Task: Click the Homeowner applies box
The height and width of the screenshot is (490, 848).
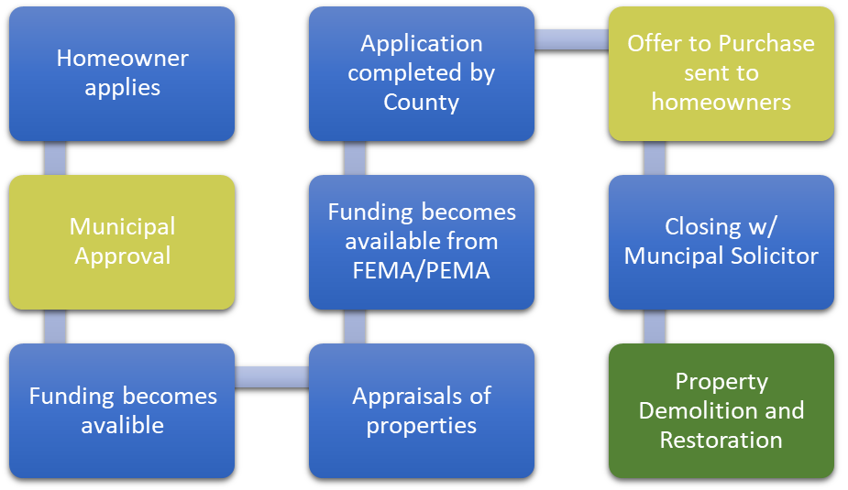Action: [x=122, y=73]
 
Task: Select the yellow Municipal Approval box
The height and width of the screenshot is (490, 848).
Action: [x=122, y=242]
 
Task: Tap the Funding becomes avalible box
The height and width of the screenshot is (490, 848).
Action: [x=122, y=410]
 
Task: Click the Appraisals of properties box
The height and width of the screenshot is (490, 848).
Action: [x=422, y=410]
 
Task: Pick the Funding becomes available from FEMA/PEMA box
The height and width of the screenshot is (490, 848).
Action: [x=422, y=242]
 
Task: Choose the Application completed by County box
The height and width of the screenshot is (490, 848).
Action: [x=422, y=73]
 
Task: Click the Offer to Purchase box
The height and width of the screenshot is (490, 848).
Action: [x=721, y=73]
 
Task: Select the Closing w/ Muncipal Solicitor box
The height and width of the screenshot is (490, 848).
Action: [x=721, y=242]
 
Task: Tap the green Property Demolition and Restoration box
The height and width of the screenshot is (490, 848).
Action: [x=721, y=410]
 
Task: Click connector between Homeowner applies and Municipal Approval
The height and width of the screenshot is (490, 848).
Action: [x=55, y=158]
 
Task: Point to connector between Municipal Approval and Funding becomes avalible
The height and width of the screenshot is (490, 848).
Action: [x=55, y=326]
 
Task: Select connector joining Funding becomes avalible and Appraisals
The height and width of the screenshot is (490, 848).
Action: [x=271, y=376]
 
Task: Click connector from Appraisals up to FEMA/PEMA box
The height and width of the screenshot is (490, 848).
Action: [x=355, y=326]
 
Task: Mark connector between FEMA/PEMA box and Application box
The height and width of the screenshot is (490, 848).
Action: [x=355, y=158]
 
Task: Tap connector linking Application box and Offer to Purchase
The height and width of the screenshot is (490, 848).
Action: [x=571, y=39]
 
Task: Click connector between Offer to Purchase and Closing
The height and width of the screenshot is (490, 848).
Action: [x=655, y=158]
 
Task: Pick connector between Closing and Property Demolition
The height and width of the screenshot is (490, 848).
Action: [x=655, y=326]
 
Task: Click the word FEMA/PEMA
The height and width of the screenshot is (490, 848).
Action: [x=422, y=271]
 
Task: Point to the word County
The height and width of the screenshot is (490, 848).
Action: [x=422, y=102]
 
